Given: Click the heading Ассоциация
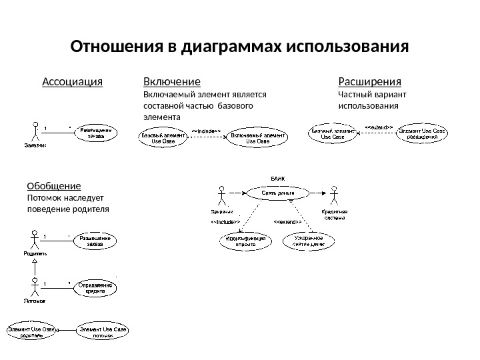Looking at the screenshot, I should click(72, 82).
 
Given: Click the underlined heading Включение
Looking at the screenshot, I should click(172, 82).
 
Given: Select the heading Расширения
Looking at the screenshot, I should click(370, 82).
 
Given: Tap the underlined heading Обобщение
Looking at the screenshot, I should click(54, 186).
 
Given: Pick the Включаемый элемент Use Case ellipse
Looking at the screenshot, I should click(258, 137).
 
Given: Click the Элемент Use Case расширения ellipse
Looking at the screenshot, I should click(423, 133).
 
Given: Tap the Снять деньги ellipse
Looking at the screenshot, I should click(277, 193).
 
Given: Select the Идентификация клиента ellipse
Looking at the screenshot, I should click(247, 241).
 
